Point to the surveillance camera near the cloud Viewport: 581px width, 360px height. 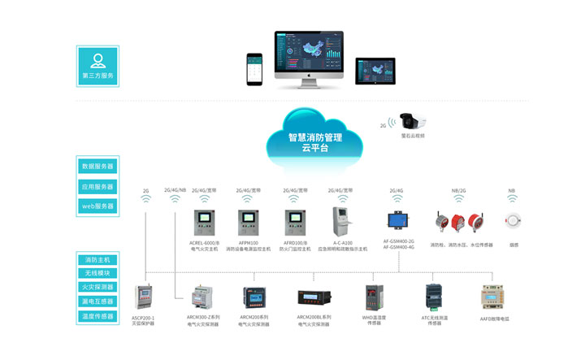click(x=412, y=122)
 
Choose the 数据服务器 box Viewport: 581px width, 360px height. click(x=98, y=166)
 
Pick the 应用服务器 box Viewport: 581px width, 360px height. click(x=98, y=186)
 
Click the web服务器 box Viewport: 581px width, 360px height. click(x=98, y=206)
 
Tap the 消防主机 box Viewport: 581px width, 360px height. click(x=98, y=260)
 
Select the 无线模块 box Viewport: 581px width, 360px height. click(x=98, y=273)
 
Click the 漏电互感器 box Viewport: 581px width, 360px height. click(x=98, y=300)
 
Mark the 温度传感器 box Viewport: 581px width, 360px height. click(x=98, y=313)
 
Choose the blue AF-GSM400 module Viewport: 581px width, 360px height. click(x=398, y=221)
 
